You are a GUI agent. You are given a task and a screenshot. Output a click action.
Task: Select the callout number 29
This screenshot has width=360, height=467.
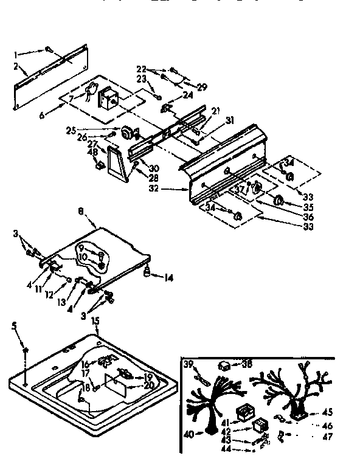[201, 88]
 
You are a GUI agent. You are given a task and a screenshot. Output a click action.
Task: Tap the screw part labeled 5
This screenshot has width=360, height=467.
[26, 351]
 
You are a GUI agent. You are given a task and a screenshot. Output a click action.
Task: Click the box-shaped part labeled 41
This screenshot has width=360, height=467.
[244, 410]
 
